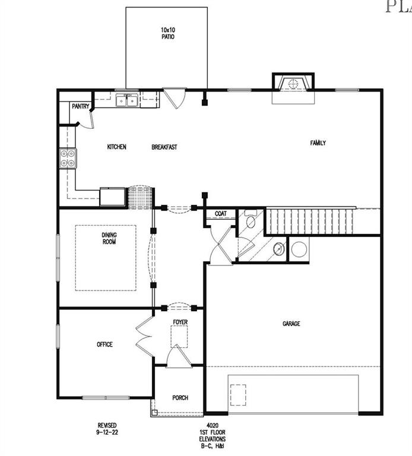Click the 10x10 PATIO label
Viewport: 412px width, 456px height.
pos(167,33)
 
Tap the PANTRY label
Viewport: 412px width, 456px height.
pos(80,107)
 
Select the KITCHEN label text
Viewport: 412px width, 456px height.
pos(116,147)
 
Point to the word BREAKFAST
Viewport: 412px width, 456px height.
pos(164,147)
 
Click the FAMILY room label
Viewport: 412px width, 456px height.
pos(318,142)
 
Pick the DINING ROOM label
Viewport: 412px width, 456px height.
pos(109,238)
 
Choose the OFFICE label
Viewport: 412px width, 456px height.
pos(104,344)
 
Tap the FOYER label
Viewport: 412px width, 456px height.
pos(180,322)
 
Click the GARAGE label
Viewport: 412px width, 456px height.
pos(291,324)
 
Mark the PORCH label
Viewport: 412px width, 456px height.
pos(180,398)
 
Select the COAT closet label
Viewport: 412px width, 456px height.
pos(221,214)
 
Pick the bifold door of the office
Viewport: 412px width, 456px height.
pos(144,336)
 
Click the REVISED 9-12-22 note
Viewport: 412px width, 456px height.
pos(107,429)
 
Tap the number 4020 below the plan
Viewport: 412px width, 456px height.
pos(212,425)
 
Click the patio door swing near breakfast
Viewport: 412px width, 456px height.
pos(175,99)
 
